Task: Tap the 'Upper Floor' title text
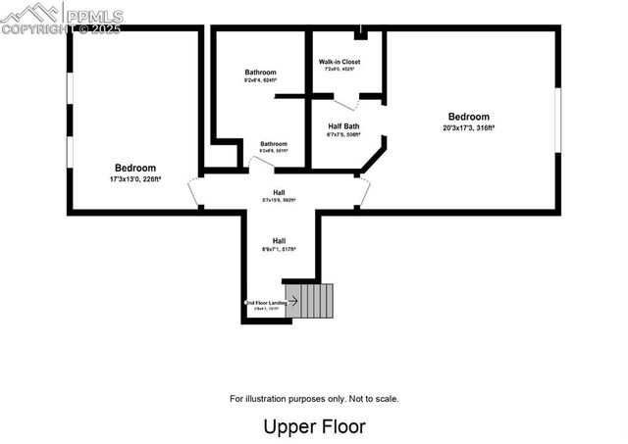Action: click(x=314, y=427)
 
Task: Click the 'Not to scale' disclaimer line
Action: click(x=314, y=399)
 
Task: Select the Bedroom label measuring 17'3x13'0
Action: click(x=135, y=169)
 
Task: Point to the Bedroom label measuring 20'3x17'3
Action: click(x=468, y=117)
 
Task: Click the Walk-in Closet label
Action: click(x=340, y=62)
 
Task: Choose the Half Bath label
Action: click(x=343, y=126)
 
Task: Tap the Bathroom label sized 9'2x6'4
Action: click(x=260, y=73)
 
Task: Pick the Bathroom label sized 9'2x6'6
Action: click(x=274, y=145)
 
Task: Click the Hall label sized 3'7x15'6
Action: click(x=279, y=192)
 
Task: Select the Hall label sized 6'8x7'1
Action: click(x=279, y=241)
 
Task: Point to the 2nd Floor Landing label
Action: click(x=264, y=303)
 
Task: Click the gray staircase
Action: click(x=317, y=301)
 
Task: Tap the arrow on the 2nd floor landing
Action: click(x=292, y=302)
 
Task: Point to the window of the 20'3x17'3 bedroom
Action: click(x=557, y=120)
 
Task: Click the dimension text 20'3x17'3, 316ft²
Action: click(x=468, y=126)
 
